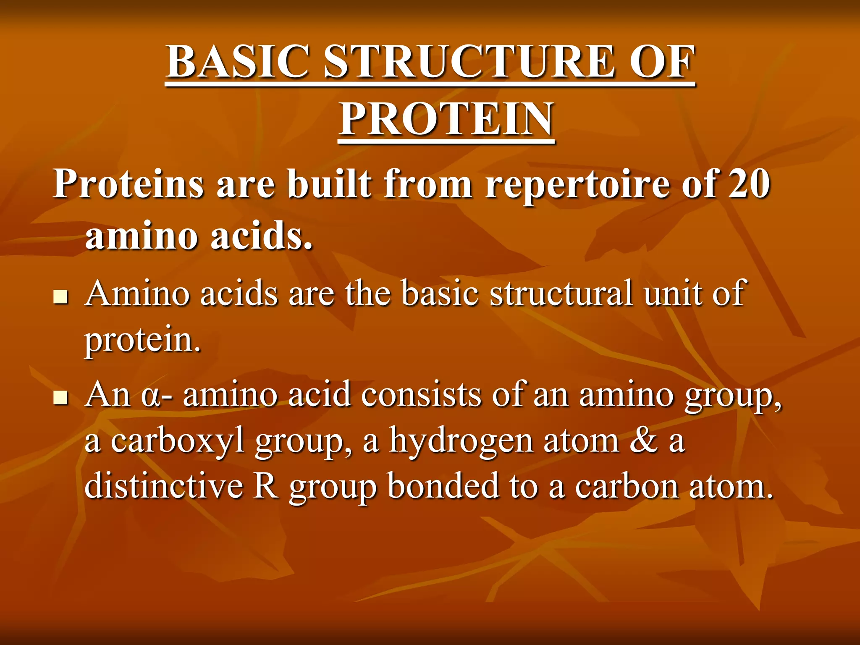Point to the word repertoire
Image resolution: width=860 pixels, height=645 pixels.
pos(577,185)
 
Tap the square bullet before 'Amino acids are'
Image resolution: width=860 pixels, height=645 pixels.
pos(61,297)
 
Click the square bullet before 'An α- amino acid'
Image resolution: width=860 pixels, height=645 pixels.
pos(61,398)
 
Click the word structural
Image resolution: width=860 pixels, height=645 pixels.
pos(561,293)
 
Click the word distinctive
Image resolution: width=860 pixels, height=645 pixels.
pos(164,486)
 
